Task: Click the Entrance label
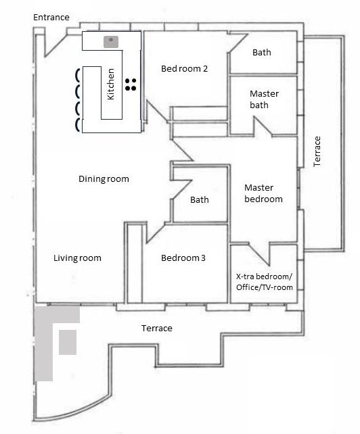tap(51, 18)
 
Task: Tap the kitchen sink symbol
tap(111, 42)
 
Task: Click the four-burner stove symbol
tap(131, 85)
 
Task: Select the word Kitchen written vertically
tap(110, 84)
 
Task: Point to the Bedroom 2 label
tap(184, 68)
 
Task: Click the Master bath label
tap(264, 99)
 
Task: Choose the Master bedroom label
tap(263, 193)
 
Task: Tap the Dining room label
tap(104, 178)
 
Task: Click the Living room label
tap(77, 258)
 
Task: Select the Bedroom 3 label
tap(183, 258)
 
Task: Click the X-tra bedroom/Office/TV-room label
tap(265, 282)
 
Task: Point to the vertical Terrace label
tap(317, 151)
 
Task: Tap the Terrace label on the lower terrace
tap(157, 329)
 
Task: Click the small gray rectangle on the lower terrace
tap(68, 342)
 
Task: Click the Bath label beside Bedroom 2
tap(262, 52)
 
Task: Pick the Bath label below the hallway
tap(200, 199)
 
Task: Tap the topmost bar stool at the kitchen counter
tap(78, 75)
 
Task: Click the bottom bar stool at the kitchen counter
tap(78, 124)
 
